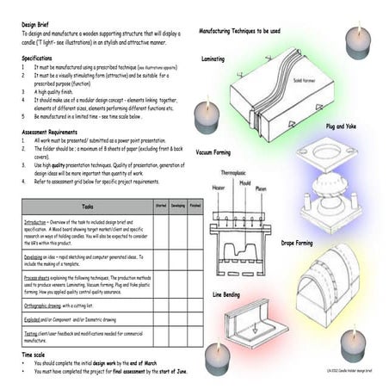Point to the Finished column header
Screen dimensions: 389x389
(x=195, y=207)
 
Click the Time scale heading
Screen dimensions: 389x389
(x=39, y=354)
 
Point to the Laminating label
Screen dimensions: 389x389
(x=213, y=59)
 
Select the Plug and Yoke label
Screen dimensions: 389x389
(x=342, y=126)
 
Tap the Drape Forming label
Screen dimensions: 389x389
(x=297, y=244)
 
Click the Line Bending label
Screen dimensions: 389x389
(x=228, y=294)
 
